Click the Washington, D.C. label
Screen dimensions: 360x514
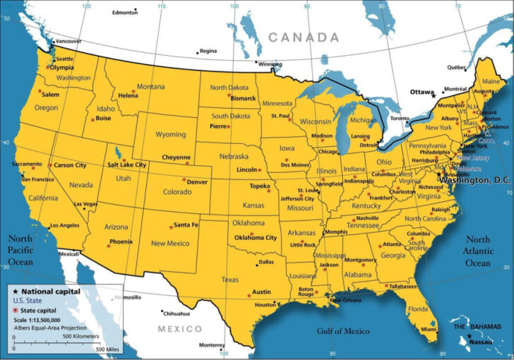click(x=474, y=181)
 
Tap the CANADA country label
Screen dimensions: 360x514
click(x=303, y=37)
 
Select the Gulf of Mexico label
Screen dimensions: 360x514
click(x=342, y=331)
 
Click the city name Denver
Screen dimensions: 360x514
click(x=197, y=181)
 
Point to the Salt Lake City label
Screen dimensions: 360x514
click(x=126, y=164)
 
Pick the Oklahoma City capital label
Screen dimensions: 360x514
click(x=256, y=238)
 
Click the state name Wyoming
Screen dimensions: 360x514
click(x=170, y=134)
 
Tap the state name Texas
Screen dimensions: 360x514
click(x=230, y=280)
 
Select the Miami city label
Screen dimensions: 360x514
click(x=429, y=330)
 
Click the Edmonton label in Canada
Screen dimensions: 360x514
click(x=125, y=13)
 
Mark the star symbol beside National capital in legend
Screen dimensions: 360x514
click(x=15, y=291)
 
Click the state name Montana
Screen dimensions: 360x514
click(x=150, y=87)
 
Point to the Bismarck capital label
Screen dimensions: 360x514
click(x=243, y=98)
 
